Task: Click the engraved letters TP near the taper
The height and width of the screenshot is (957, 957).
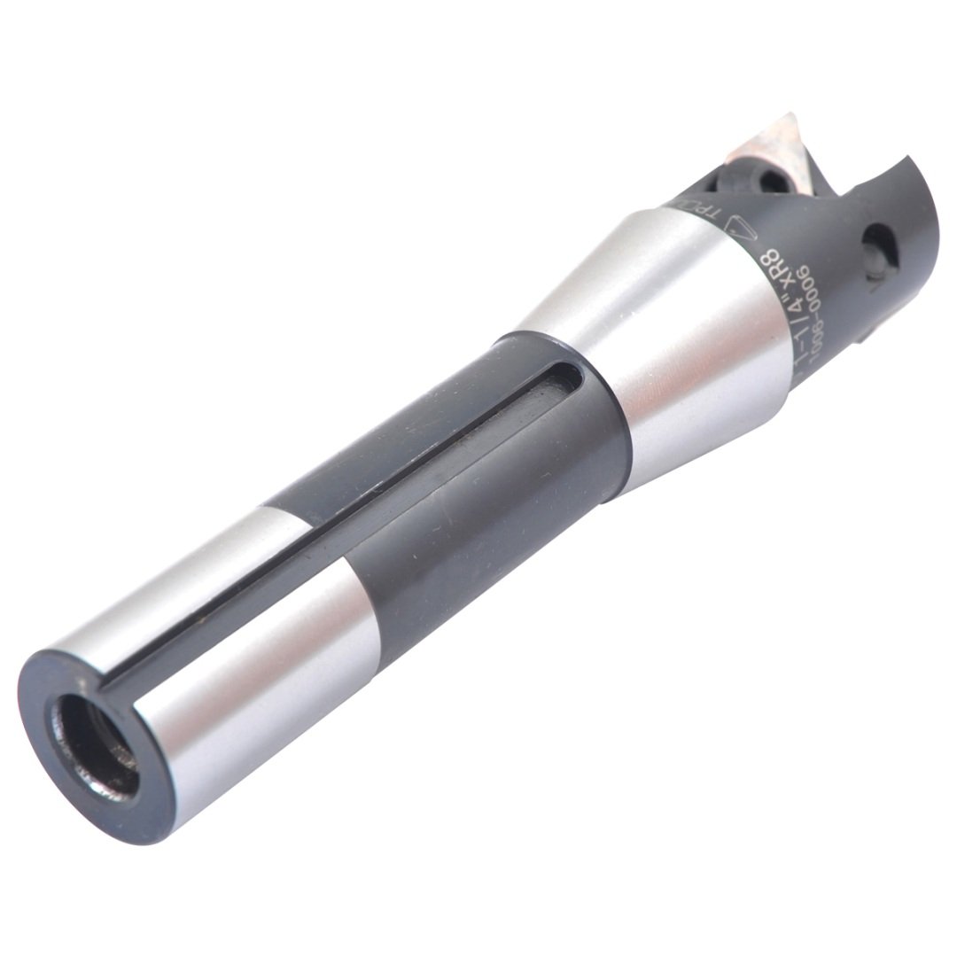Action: [x=696, y=214]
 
